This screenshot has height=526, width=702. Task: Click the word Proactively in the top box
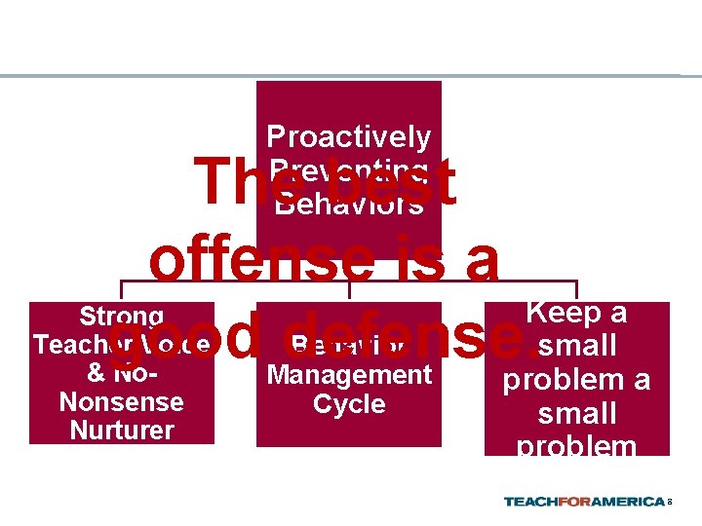tap(348, 137)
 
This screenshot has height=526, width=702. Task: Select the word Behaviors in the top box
tap(348, 204)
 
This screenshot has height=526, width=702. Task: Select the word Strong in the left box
tap(122, 317)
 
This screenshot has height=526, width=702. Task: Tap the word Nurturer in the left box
tap(122, 430)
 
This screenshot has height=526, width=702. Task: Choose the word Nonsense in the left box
tap(122, 401)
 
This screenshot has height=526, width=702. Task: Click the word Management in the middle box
tap(349, 374)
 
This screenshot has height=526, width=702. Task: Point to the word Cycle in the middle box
tap(349, 403)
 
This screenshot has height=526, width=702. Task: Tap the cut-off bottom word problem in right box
tap(577, 446)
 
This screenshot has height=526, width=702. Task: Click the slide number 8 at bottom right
tap(670, 503)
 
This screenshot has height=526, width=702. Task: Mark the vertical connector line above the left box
tap(122, 291)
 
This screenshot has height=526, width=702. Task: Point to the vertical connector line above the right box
tap(577, 291)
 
